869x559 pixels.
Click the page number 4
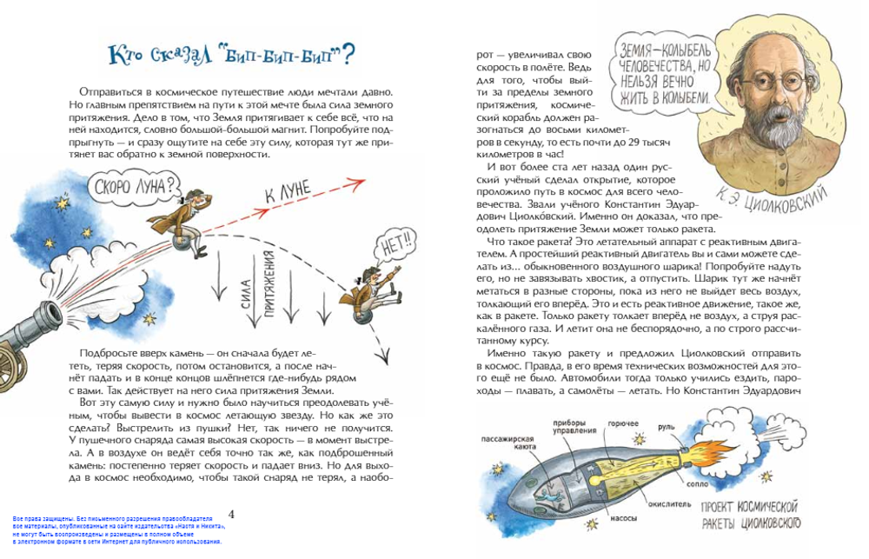(230, 513)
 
